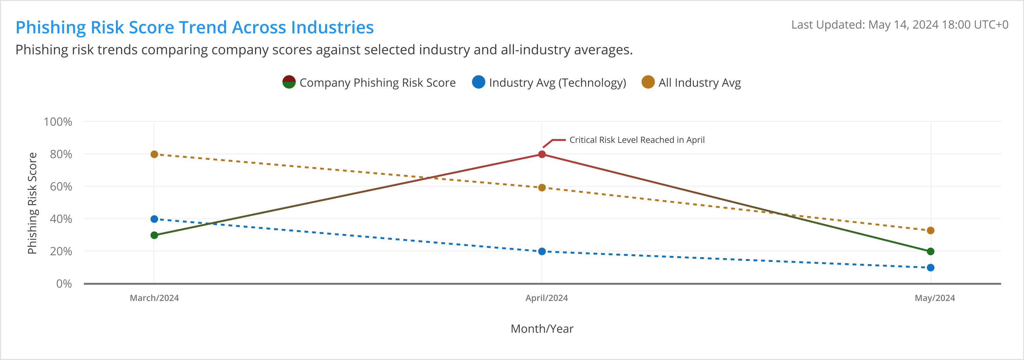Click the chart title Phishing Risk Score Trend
(194, 27)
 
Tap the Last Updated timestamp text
(900, 25)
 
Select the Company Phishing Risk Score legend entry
(369, 82)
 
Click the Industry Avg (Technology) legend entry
(549, 82)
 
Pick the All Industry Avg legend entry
(691, 82)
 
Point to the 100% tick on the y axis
(58, 122)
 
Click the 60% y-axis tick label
(61, 186)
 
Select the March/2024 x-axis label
(154, 298)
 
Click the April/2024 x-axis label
(546, 298)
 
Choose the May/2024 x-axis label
(934, 298)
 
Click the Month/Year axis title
(542, 329)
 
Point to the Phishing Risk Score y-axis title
(32, 203)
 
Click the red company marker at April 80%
(542, 154)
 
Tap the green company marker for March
(154, 235)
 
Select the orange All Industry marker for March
(154, 154)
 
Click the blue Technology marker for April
(542, 251)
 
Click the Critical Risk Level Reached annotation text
(637, 140)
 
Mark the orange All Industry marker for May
(931, 230)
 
